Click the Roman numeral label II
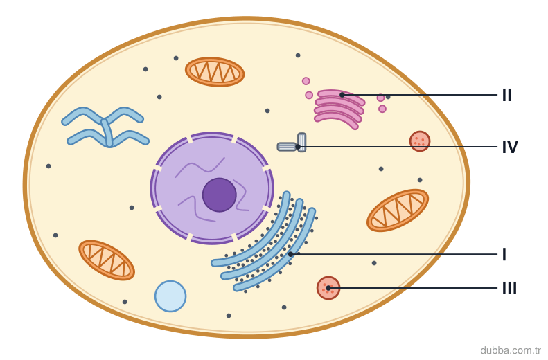[x=506, y=95]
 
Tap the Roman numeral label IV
[x=510, y=147]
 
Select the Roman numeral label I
[x=504, y=254]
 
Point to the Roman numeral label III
[x=509, y=289]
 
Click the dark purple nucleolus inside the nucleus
[x=220, y=195]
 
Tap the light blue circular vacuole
[x=170, y=296]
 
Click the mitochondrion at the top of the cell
[x=215, y=72]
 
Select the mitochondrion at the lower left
[x=107, y=260]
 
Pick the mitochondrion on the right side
[x=398, y=210]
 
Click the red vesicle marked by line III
[x=328, y=288]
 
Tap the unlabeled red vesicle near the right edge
[x=420, y=141]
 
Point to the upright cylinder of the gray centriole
[x=302, y=142]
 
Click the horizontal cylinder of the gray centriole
[x=287, y=147]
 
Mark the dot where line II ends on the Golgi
[x=342, y=95]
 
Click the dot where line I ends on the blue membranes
[x=290, y=254]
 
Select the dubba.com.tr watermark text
[x=511, y=350]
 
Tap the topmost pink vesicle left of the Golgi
[x=306, y=81]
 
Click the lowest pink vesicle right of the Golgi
[x=382, y=109]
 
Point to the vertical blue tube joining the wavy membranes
[x=107, y=132]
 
